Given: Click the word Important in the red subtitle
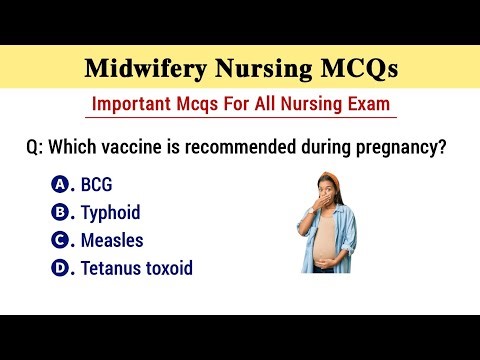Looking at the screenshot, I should click(134, 103).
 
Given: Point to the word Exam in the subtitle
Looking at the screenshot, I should click(362, 103).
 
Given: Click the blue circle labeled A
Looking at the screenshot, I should click(59, 184).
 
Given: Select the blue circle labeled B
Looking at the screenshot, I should click(59, 212).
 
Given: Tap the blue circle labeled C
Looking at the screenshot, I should click(59, 240).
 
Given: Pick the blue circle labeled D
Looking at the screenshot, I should click(59, 268).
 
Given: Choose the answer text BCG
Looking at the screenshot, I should click(97, 185).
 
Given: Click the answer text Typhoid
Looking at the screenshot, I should click(110, 213).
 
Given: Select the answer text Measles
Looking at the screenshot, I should click(112, 241).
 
